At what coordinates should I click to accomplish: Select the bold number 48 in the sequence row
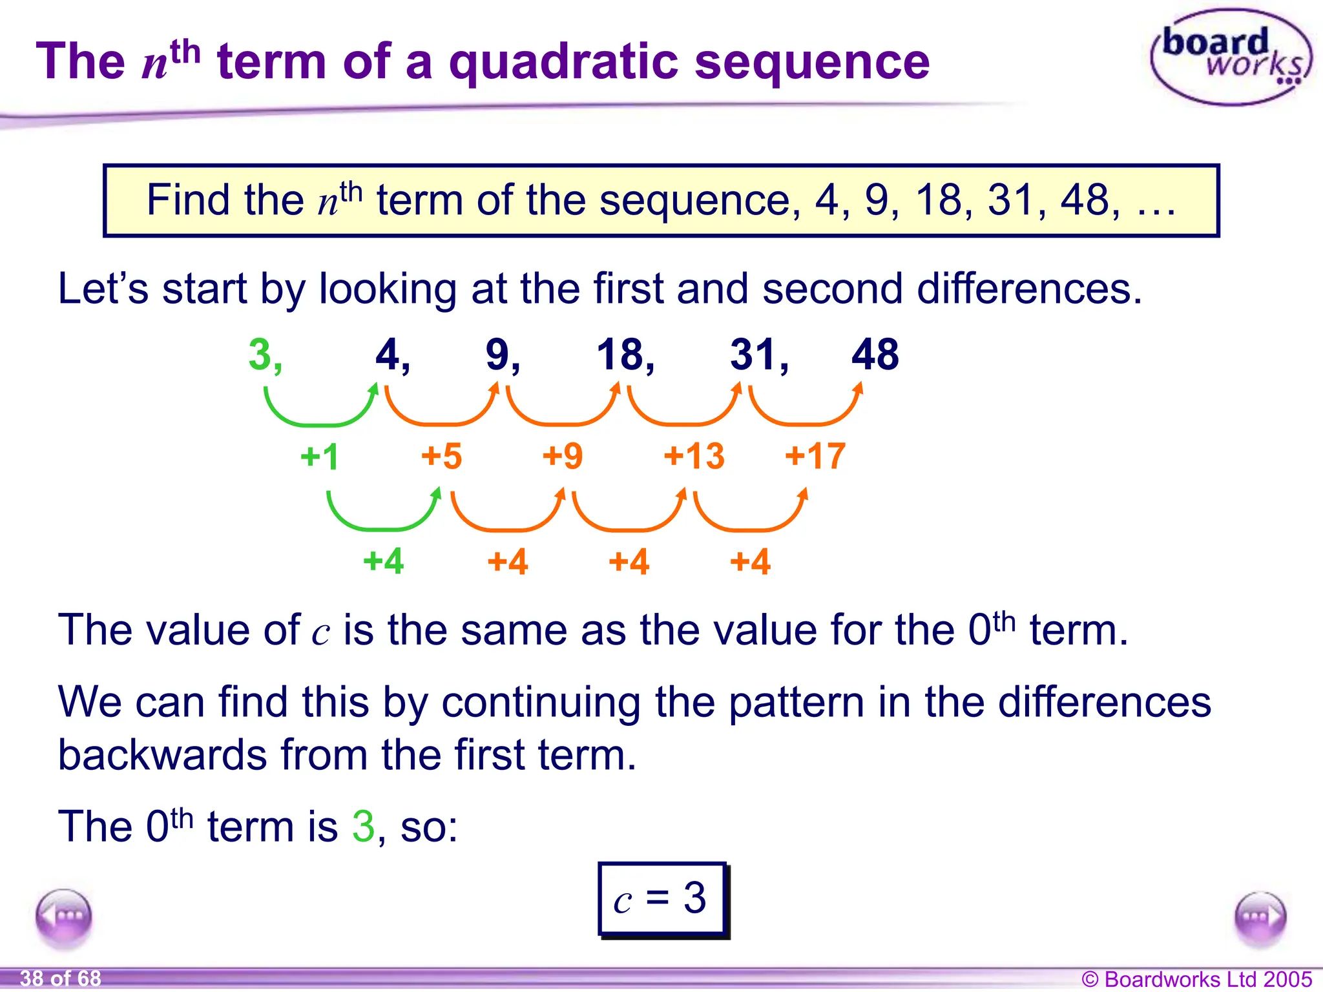(875, 355)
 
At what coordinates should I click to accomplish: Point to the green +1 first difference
(320, 457)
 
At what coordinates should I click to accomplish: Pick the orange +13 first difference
(694, 457)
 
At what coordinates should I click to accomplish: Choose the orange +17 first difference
(815, 457)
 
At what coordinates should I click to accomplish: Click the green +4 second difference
(384, 561)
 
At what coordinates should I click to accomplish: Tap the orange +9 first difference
(563, 457)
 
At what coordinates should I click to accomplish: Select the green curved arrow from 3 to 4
(320, 413)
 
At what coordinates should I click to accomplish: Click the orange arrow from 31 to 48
(806, 413)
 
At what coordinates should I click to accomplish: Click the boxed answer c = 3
(662, 898)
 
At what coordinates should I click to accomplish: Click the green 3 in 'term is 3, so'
(363, 826)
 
